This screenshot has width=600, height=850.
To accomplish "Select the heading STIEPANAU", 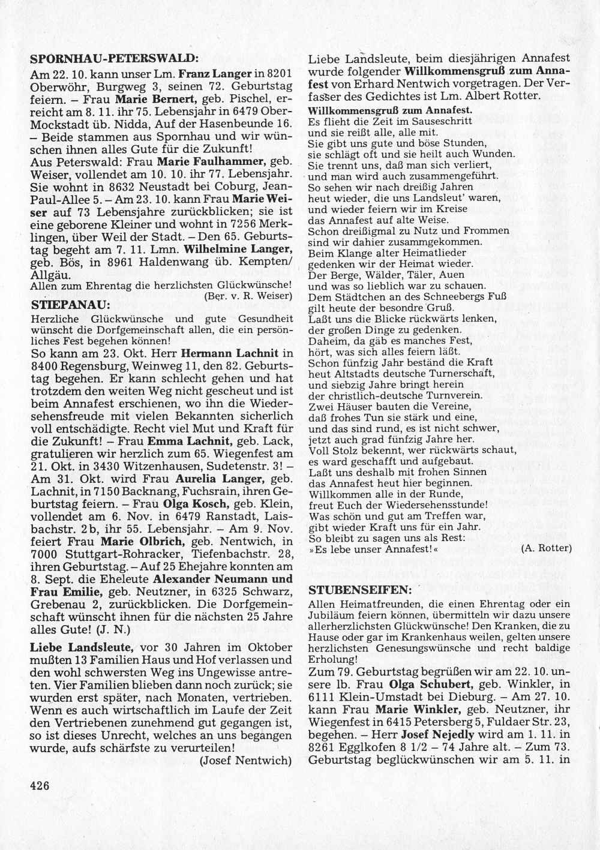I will [x=69, y=305].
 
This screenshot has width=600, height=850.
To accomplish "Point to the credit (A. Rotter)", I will [x=547, y=548].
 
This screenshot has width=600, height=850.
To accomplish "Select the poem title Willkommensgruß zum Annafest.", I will [x=389, y=110].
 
